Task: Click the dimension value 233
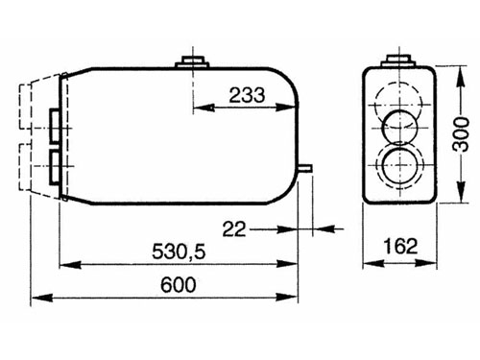pyautogui.click(x=247, y=95)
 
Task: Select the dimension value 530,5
pyautogui.click(x=179, y=252)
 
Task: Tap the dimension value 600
pyautogui.click(x=179, y=284)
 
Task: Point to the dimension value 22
pyautogui.click(x=234, y=229)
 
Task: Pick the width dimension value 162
pyautogui.click(x=400, y=247)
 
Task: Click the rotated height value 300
pyautogui.click(x=461, y=134)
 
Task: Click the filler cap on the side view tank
pyautogui.click(x=192, y=61)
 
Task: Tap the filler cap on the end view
pyautogui.click(x=398, y=60)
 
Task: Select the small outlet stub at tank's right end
pyautogui.click(x=304, y=168)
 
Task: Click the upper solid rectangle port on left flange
pyautogui.click(x=55, y=126)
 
